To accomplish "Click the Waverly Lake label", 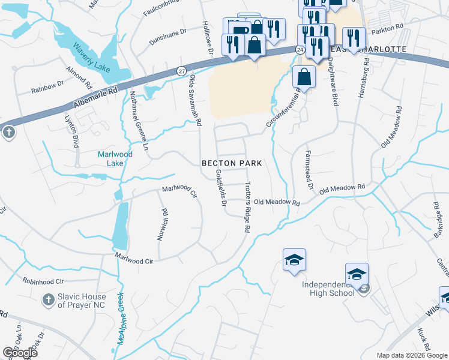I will click(92, 58).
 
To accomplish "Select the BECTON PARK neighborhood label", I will click(232, 163).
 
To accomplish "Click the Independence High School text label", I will click(329, 288).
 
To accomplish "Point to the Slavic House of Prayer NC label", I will click(82, 301).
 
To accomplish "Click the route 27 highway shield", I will click(181, 71).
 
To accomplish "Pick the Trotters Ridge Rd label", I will click(247, 208).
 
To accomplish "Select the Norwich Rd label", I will click(161, 224).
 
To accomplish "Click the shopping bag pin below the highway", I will click(304, 77).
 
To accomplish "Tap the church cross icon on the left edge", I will click(8, 132).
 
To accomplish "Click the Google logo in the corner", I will click(19, 353).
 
